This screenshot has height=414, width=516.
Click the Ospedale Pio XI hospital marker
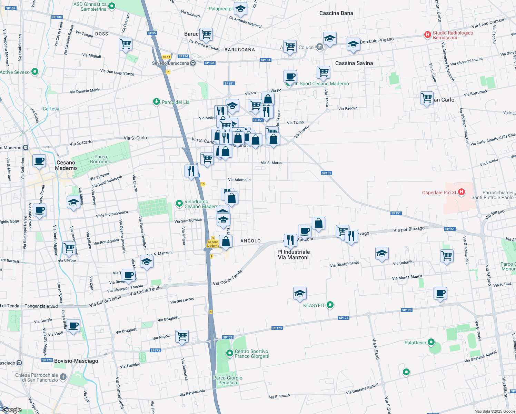click(x=462, y=192)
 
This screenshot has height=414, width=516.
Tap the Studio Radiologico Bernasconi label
click(x=453, y=35)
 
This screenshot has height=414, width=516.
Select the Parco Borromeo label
click(x=101, y=159)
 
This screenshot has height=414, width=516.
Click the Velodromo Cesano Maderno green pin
click(x=179, y=204)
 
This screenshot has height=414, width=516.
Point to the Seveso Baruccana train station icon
click(x=193, y=63)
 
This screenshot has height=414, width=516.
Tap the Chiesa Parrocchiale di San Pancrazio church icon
click(x=63, y=377)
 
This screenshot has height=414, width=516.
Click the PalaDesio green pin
click(x=431, y=342)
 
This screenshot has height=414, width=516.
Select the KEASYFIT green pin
click(x=330, y=305)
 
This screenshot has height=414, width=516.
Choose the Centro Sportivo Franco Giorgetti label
click(x=252, y=354)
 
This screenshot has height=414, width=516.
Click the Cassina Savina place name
click(x=354, y=63)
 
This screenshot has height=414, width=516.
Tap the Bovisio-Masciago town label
click(x=76, y=361)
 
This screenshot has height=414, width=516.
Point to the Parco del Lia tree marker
click(x=157, y=102)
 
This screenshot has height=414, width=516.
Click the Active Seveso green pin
click(x=34, y=72)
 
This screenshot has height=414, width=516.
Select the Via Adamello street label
click(x=239, y=180)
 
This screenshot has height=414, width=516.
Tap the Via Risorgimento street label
click(x=345, y=264)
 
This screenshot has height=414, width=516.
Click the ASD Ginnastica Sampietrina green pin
click(x=111, y=6)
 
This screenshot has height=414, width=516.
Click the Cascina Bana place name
click(x=336, y=13)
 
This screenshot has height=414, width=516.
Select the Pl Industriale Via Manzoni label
click(x=294, y=255)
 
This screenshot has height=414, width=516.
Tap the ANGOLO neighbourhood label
click(x=250, y=241)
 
